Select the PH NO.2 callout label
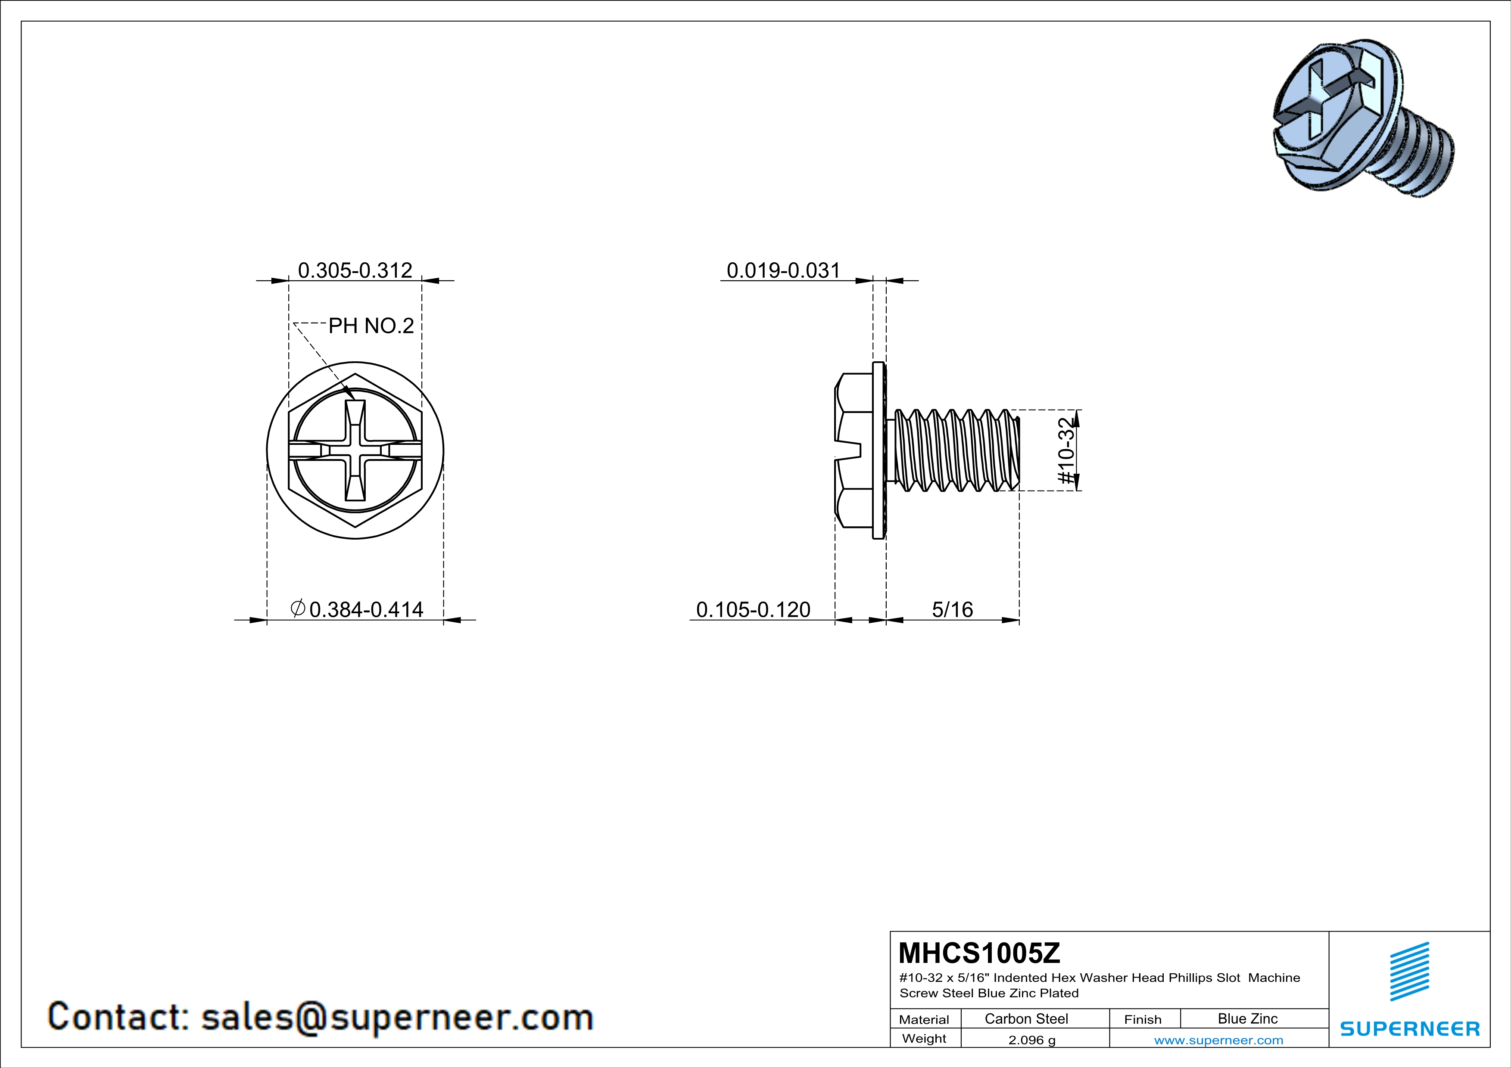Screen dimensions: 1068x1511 click(x=371, y=326)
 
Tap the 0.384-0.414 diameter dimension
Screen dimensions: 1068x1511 click(x=365, y=610)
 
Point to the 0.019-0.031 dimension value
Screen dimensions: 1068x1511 click(x=783, y=270)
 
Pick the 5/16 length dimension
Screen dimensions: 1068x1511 click(x=952, y=610)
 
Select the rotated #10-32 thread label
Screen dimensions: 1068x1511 click(x=1065, y=451)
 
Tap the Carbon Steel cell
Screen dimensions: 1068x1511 click(x=1026, y=1018)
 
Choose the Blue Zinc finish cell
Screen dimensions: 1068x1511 click(x=1247, y=1018)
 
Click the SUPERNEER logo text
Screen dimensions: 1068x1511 click(x=1410, y=1028)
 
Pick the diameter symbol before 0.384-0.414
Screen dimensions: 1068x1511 click(x=297, y=609)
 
